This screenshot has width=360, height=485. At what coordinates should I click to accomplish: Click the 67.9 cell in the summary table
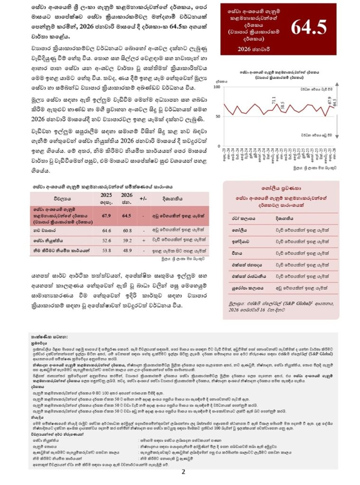coord(106,216)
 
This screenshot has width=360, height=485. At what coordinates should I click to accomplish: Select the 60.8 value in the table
coord(126,231)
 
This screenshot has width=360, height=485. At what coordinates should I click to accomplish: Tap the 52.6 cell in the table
coord(106,240)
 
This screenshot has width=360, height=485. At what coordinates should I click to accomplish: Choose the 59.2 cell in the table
coord(126,240)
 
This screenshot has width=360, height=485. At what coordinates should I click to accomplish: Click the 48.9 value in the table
coord(126,250)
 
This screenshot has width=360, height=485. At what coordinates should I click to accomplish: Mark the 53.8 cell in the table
coord(106,250)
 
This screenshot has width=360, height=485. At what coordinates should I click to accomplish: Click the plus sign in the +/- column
coord(143,240)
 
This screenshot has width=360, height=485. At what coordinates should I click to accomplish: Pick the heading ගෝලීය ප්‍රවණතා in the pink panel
coord(281,188)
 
